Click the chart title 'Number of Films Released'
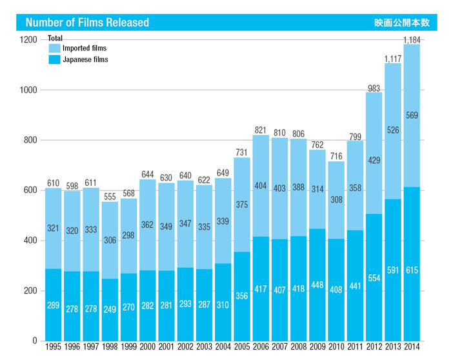[87, 23]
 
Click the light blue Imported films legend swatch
[54, 48]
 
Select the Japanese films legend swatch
[54, 60]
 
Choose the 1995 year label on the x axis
[53, 348]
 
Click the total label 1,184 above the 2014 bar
[412, 40]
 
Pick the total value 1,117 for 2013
[393, 59]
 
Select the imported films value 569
[412, 115]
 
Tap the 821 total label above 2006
[261, 130]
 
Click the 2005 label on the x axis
[242, 348]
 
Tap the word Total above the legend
[55, 38]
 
